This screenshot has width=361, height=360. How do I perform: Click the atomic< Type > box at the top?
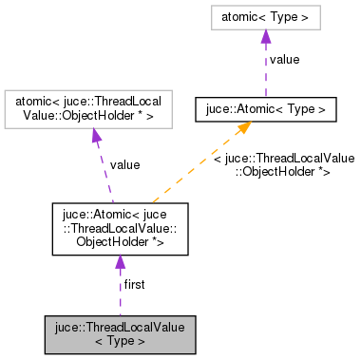[266, 17]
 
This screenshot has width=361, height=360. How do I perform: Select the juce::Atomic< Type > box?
[266, 110]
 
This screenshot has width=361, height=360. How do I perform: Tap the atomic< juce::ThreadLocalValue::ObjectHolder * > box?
[93, 109]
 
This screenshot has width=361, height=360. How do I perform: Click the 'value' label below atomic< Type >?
[284, 60]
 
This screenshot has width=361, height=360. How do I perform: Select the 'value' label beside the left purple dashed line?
[124, 164]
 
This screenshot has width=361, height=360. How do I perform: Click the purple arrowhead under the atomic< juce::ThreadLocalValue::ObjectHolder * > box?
[95, 137]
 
